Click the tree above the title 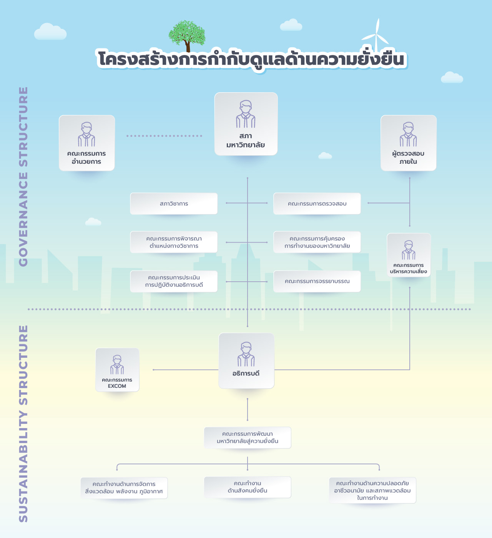(x=187, y=34)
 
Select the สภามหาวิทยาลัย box (x=246, y=124)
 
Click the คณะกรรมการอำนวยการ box (x=87, y=143)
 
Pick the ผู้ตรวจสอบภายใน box (x=408, y=143)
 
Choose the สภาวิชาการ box (x=174, y=204)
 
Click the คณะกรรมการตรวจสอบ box (x=317, y=204)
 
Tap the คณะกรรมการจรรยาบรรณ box (x=317, y=281)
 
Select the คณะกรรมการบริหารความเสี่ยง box (x=409, y=255)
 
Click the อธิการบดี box (x=246, y=360)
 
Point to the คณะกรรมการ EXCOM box (x=117, y=370)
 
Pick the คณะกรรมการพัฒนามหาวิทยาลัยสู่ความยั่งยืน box (x=248, y=438)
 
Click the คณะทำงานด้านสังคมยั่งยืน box (x=248, y=487)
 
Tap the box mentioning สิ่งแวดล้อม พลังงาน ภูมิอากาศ (x=124, y=488)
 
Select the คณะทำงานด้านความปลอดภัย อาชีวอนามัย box (x=372, y=490)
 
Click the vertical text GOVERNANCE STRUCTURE (x=23, y=177)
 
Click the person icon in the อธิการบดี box (x=246, y=354)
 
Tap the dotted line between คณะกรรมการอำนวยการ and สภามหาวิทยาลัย (x=164, y=136)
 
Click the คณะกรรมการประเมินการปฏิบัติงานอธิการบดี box (x=174, y=281)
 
